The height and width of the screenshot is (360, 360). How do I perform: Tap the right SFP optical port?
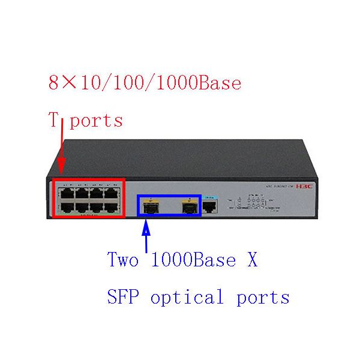point(190,207)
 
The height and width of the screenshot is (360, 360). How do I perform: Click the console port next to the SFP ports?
point(210,206)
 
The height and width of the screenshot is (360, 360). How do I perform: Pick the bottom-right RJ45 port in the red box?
point(112,206)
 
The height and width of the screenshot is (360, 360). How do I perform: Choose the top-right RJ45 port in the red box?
point(112,193)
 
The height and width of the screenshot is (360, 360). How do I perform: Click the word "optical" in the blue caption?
point(187,296)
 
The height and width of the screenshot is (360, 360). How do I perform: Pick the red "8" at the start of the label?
point(54,83)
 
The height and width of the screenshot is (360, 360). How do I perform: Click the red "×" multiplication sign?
point(71,83)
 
